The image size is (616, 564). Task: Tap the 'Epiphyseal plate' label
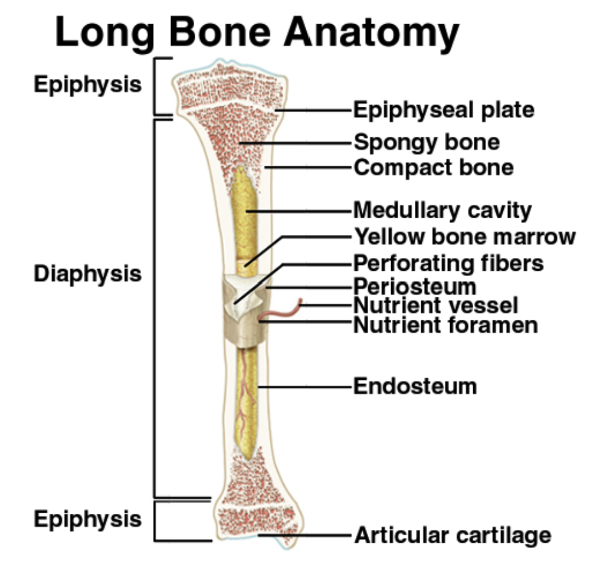pyautogui.click(x=444, y=110)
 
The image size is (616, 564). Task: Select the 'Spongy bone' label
pyautogui.click(x=427, y=142)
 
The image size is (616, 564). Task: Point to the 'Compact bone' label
pyautogui.click(x=434, y=168)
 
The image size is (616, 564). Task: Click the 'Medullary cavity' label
pyautogui.click(x=443, y=210)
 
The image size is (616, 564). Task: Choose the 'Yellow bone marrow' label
pyautogui.click(x=465, y=237)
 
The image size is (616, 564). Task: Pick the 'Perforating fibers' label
pyautogui.click(x=448, y=263)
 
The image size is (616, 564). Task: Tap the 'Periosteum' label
pyautogui.click(x=415, y=286)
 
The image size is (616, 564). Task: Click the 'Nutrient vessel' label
pyautogui.click(x=436, y=305)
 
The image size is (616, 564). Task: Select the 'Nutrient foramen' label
pyautogui.click(x=446, y=325)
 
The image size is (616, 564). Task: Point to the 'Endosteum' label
pyautogui.click(x=415, y=386)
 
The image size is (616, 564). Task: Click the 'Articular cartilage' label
pyautogui.click(x=453, y=535)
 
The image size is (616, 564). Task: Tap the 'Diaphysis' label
pyautogui.click(x=87, y=274)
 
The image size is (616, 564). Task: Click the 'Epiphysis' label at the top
pyautogui.click(x=87, y=84)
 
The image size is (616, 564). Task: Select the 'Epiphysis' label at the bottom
pyautogui.click(x=87, y=519)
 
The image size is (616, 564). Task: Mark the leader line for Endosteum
pyautogui.click(x=304, y=387)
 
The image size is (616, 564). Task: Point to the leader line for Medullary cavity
pyautogui.click(x=299, y=211)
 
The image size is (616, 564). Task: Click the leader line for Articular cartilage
pyautogui.click(x=304, y=535)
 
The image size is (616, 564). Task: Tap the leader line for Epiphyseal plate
pyautogui.click(x=313, y=110)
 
